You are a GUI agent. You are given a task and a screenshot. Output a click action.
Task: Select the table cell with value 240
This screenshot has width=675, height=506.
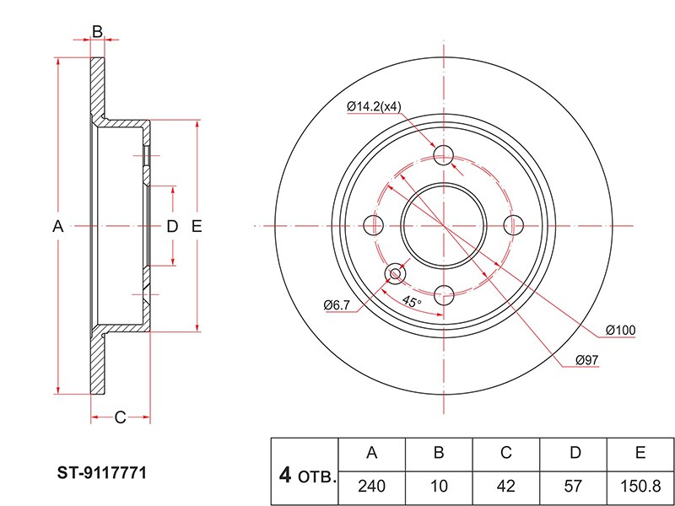pyautogui.click(x=371, y=486)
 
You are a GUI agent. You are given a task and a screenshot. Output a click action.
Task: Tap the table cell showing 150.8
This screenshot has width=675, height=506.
pyautogui.click(x=640, y=486)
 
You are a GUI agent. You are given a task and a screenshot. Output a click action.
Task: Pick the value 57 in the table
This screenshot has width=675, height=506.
pyautogui.click(x=574, y=486)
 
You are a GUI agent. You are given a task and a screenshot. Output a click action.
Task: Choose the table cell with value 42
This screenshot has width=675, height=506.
pyautogui.click(x=506, y=486)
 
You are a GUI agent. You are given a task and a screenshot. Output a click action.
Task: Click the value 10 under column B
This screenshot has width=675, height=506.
pyautogui.click(x=439, y=486)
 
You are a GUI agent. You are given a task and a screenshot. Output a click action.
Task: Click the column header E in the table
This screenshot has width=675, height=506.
pyautogui.click(x=640, y=453)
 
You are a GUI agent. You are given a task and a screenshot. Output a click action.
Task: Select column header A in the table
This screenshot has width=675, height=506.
pyautogui.click(x=371, y=453)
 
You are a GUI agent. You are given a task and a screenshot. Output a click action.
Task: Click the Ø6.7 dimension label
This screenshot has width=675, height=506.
pyautogui.click(x=337, y=304)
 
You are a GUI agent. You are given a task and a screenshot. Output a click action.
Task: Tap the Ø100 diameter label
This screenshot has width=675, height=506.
pyautogui.click(x=620, y=330)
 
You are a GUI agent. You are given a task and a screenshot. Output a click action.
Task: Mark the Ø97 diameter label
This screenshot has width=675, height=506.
pyautogui.click(x=586, y=360)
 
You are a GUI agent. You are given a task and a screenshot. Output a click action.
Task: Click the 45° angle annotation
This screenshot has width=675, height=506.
pyautogui.click(x=411, y=302)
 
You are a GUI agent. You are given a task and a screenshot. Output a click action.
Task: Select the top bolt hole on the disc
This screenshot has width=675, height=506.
pyautogui.click(x=444, y=155)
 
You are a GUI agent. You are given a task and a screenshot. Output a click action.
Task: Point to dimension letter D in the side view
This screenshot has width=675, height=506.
pyautogui.click(x=172, y=225)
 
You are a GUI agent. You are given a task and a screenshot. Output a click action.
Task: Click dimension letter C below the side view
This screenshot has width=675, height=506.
pyautogui.click(x=120, y=417)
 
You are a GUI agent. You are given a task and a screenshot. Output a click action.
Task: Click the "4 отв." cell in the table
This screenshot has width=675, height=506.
pyautogui.click(x=305, y=476)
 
